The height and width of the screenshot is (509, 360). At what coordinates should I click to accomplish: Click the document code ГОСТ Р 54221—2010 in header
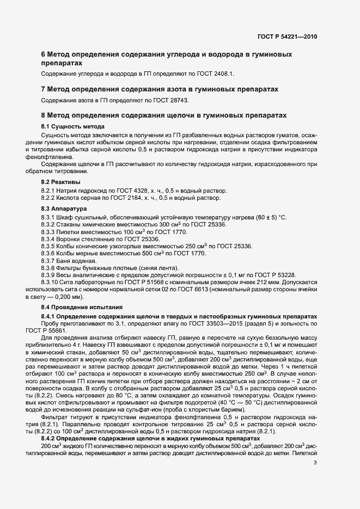(x=287, y=37)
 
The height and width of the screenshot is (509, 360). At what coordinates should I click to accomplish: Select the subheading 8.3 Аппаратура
(x=64, y=208)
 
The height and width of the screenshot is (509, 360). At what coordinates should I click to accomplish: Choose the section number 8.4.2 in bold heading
(x=50, y=439)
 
